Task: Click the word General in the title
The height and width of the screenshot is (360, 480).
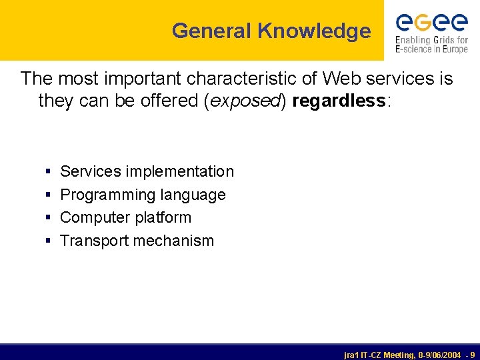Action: [x=211, y=31]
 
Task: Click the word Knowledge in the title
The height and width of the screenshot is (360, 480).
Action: [x=314, y=31]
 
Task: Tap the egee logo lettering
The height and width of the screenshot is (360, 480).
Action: [x=431, y=22]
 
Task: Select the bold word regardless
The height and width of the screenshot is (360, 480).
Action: [x=338, y=101]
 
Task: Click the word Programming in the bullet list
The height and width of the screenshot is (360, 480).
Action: [x=103, y=195]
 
